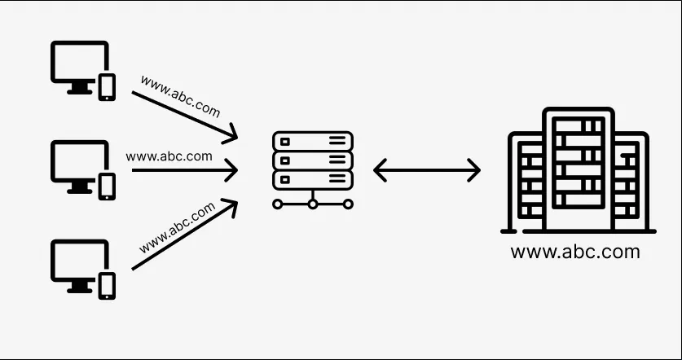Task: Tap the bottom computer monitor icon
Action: [x=79, y=262]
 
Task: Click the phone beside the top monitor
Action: [x=107, y=87]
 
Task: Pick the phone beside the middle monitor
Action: [x=107, y=187]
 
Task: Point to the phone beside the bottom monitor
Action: [x=107, y=285]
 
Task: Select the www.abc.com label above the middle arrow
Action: [x=169, y=156]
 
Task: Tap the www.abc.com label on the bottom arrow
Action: [x=177, y=227]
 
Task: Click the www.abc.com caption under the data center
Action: [x=574, y=252]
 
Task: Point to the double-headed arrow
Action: [x=426, y=170]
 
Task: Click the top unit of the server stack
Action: [x=313, y=141]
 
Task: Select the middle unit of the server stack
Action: [x=313, y=160]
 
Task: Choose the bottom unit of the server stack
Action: [x=313, y=179]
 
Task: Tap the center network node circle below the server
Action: [x=313, y=204]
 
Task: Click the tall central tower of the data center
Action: [x=579, y=166]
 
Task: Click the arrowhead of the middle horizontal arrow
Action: [x=232, y=171]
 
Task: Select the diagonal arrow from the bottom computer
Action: [x=183, y=235]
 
